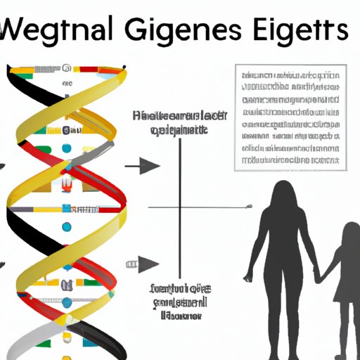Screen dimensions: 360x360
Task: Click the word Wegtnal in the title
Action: click(x=60, y=34)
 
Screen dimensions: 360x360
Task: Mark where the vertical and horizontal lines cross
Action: click(x=180, y=207)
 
